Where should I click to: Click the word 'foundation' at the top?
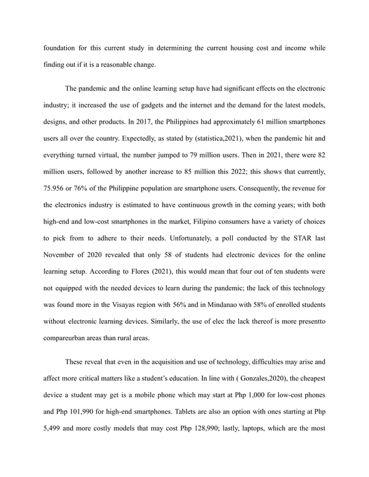pyautogui.click(x=61, y=48)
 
